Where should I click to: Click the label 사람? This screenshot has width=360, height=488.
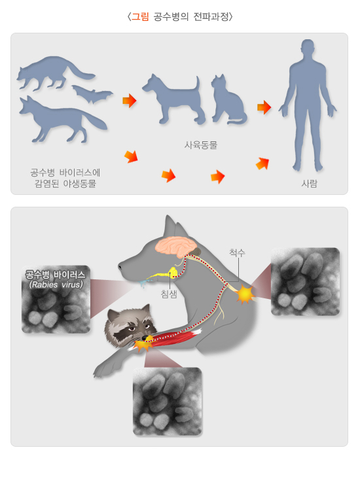coord(309,184)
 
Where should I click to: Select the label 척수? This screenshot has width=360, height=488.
coord(237,252)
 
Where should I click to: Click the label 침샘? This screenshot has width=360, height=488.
coord(169,294)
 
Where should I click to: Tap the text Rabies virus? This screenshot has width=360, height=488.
coord(56,285)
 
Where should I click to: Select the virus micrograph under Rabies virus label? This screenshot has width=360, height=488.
coord(56,311)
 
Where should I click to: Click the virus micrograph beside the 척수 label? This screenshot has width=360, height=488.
coord(305,281)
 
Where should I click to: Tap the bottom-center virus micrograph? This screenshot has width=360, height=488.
coord(167,401)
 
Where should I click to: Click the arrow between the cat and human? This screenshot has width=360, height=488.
coord(264,107)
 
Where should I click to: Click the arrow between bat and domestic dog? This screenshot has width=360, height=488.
coord(129,101)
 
